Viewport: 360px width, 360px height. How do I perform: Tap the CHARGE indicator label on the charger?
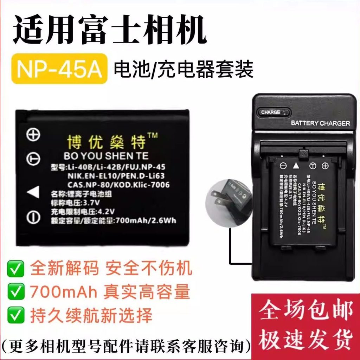pos(271,112)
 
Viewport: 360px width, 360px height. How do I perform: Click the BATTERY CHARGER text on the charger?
pos(320,123)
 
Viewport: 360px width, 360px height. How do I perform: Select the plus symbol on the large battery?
pos(34,135)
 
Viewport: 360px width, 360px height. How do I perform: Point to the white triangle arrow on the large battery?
pos(33,192)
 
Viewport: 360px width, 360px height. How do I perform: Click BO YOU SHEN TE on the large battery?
pos(106,156)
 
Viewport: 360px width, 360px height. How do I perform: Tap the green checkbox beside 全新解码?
pos(16,269)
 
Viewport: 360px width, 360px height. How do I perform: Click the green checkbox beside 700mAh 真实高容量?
pos(16,292)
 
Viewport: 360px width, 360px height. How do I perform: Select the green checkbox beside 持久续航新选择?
pos(16,315)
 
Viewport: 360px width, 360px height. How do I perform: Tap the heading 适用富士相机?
pos(109,31)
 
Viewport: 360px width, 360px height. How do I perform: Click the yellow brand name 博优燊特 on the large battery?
pos(106,142)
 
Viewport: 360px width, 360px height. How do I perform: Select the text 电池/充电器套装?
pos(183,69)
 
